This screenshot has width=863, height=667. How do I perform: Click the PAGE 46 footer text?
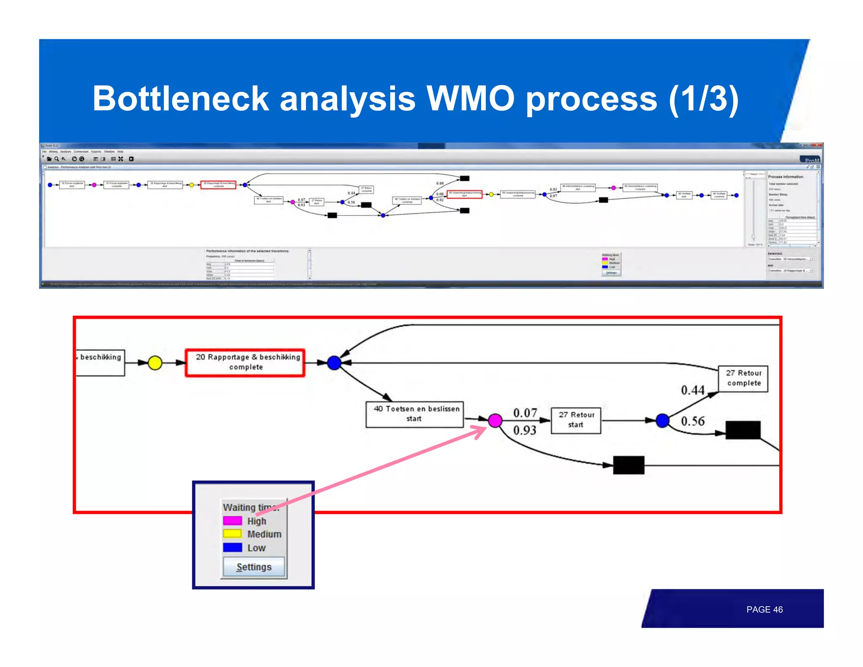tap(764, 609)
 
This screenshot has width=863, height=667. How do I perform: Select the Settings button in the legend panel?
tap(254, 567)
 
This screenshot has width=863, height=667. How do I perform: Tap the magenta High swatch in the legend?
tap(232, 521)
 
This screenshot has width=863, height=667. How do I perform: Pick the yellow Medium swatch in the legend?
tap(232, 534)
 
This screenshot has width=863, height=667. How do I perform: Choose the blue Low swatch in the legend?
tap(232, 547)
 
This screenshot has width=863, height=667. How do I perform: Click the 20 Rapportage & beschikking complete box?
tap(245, 363)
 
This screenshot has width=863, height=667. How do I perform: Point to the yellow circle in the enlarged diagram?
tap(155, 363)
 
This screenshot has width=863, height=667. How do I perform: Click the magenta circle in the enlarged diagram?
tap(495, 420)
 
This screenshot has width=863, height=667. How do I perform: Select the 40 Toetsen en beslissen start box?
tap(415, 414)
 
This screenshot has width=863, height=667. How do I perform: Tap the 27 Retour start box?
tap(576, 420)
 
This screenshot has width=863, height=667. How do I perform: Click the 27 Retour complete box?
tap(743, 379)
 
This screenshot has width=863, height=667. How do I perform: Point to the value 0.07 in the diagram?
tap(525, 413)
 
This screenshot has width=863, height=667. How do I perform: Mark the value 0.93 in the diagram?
tap(525, 430)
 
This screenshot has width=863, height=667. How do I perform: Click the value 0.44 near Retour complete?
tap(692, 390)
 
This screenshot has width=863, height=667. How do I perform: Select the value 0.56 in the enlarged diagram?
tap(693, 421)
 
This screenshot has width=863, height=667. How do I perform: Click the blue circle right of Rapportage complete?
tap(334, 363)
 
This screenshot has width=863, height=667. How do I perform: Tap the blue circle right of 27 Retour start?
tap(662, 420)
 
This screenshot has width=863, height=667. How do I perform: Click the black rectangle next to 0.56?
tap(742, 430)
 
